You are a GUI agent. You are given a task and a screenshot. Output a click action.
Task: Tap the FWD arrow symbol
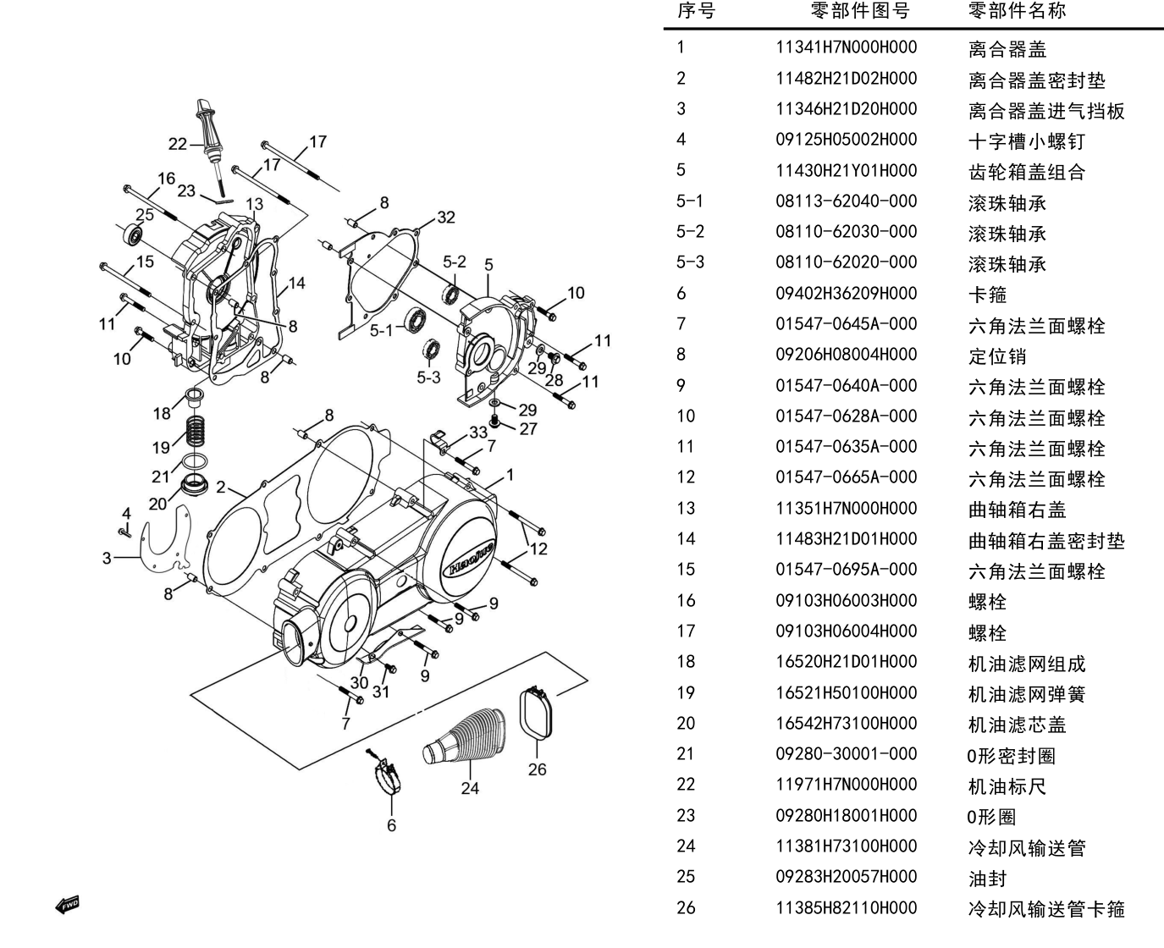pos(68,906)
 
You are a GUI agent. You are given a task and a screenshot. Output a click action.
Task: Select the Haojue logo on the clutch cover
pos(471,559)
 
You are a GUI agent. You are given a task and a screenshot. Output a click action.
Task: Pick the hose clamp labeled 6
pos(387,771)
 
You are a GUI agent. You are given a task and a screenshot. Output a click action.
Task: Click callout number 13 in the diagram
pos(254,204)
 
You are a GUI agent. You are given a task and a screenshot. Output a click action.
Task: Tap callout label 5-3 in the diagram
pos(428,377)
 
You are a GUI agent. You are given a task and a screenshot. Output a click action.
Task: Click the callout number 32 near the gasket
pos(446,218)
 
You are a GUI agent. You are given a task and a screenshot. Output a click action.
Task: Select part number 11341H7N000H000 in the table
pos(846,47)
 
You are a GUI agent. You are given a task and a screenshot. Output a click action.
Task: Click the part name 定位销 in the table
pos(997,355)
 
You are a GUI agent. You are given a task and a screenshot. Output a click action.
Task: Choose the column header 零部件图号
pos(859,10)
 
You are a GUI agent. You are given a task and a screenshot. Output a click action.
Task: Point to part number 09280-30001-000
pos(846,754)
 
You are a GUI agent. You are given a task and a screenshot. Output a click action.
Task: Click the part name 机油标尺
pos(1007,785)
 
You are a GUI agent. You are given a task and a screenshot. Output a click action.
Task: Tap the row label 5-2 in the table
pos(690,232)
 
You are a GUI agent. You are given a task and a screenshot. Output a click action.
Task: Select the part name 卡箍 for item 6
pos(987,295)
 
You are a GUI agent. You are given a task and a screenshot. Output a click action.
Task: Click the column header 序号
pos(696,10)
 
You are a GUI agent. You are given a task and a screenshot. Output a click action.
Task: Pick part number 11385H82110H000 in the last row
pos(846,907)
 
